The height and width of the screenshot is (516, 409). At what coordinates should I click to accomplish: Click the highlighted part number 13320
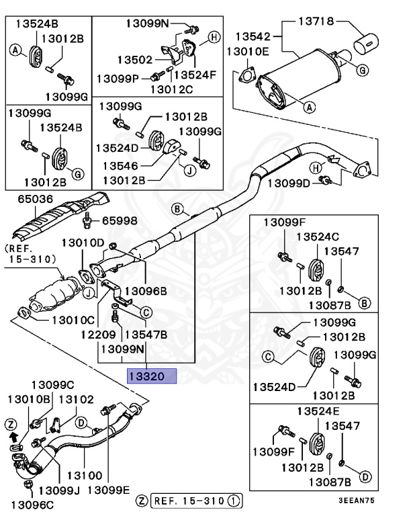tap(151, 376)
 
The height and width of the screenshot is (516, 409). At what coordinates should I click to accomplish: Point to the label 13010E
tap(248, 50)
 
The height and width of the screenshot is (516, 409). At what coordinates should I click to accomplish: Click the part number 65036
tap(27, 199)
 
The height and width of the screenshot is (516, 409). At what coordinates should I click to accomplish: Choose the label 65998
tap(119, 220)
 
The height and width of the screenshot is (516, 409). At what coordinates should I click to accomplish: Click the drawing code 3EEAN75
tap(374, 501)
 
